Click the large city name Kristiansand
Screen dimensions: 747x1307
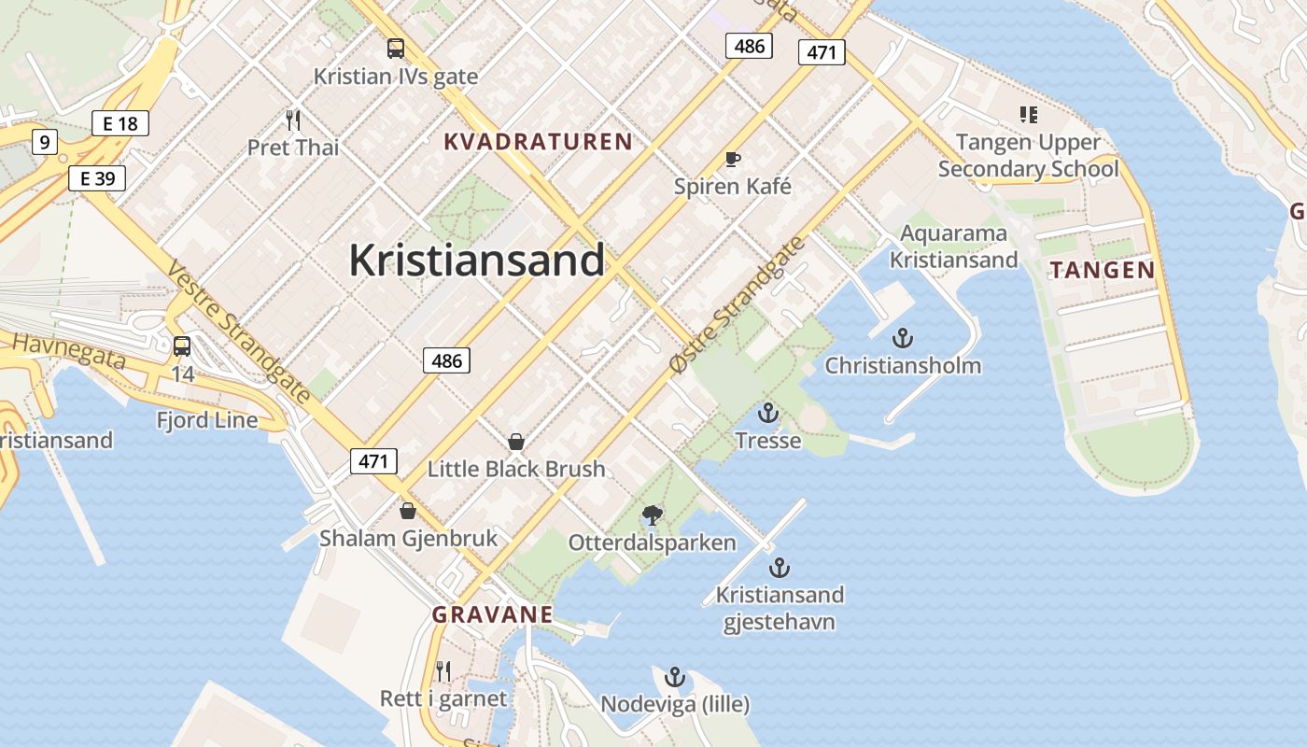click(477, 261)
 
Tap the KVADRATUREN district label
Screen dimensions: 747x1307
click(538, 142)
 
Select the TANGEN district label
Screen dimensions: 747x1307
click(1103, 271)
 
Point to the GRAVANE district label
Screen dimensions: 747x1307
click(492, 614)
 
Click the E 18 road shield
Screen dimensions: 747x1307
click(120, 123)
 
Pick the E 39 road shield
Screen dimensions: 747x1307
click(97, 178)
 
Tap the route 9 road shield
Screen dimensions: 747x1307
click(44, 143)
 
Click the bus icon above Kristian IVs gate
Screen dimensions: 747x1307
click(396, 49)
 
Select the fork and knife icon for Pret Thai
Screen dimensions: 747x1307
click(293, 120)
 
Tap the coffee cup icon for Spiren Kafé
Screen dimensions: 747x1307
click(733, 159)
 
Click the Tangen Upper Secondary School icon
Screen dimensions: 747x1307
click(1028, 115)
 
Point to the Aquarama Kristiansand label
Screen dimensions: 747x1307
click(953, 247)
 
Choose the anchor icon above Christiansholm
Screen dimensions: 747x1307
click(903, 338)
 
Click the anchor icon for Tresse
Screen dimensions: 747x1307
click(767, 413)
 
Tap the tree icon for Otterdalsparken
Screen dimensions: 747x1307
click(653, 514)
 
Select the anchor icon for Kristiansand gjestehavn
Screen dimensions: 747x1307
click(780, 567)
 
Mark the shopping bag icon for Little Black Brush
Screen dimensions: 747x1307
click(515, 442)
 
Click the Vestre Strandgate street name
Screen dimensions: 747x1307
click(239, 331)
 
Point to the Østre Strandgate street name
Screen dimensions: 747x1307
click(737, 307)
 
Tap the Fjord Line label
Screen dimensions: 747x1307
click(207, 420)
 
